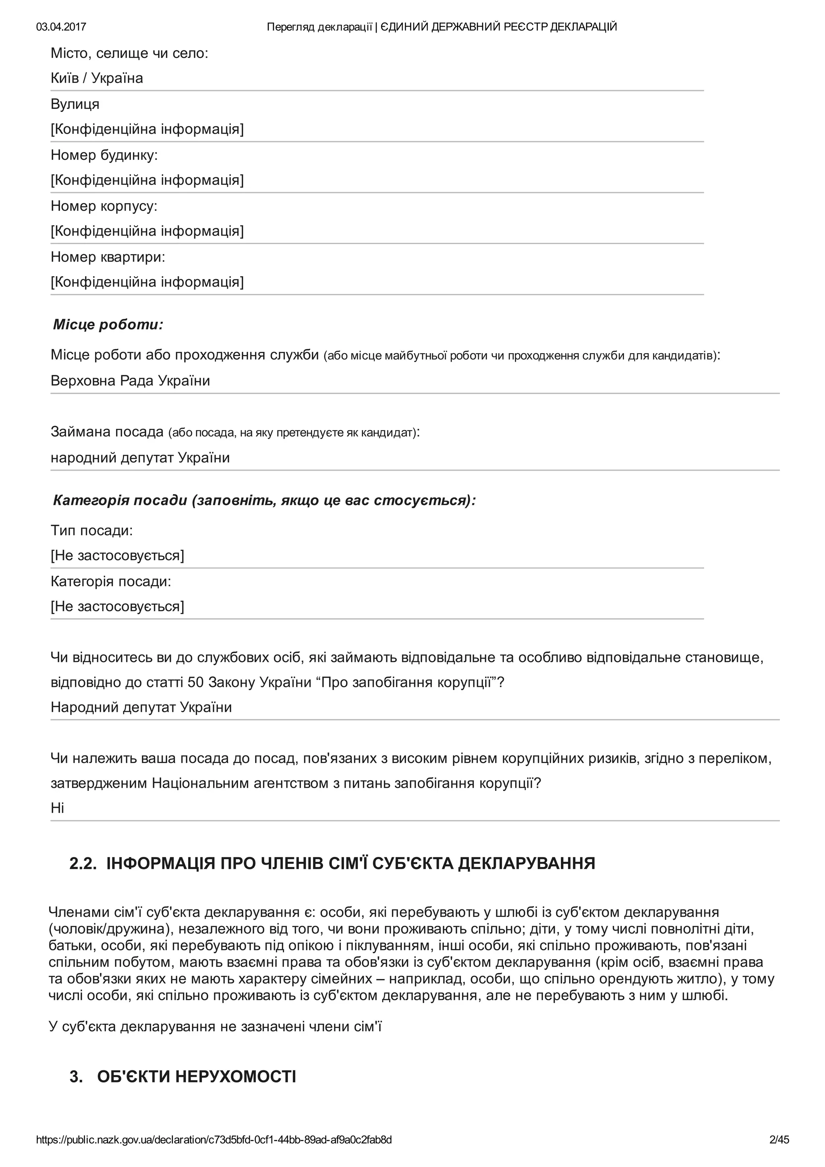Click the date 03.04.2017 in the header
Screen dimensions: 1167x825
pos(61,27)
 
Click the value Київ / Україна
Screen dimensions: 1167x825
pos(97,78)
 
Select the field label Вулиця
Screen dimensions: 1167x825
pos(75,104)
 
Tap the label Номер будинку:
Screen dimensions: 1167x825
pos(104,155)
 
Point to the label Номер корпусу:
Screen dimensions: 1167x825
pos(104,206)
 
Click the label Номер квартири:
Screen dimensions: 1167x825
pos(108,257)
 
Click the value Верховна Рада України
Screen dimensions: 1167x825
pos(130,381)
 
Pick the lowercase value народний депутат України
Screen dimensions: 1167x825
pos(140,458)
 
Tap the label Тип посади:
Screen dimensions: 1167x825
pos(91,531)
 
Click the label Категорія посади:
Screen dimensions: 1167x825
pos(111,581)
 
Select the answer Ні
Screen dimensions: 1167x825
pos(57,808)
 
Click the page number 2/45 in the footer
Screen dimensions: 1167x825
pos(779,1140)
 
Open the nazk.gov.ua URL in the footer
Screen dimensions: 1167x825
pos(214,1140)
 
